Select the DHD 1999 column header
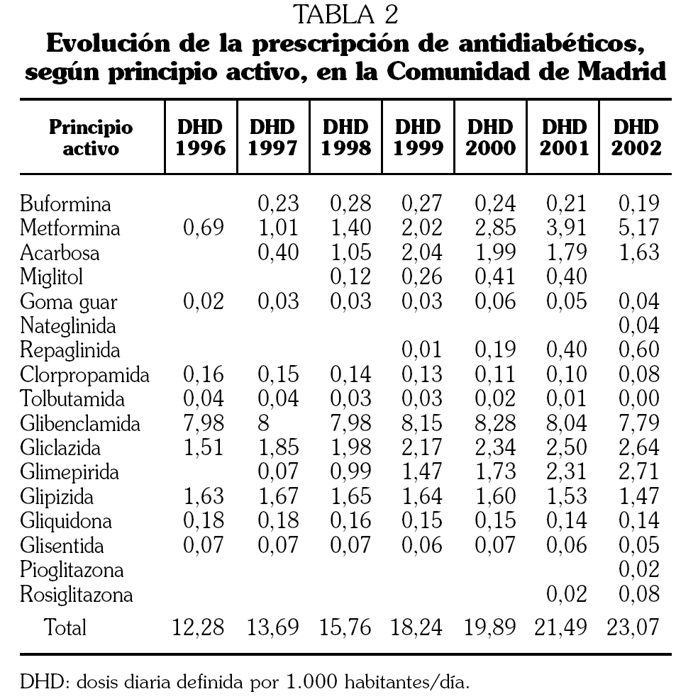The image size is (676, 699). point(419,138)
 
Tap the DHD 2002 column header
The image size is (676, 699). point(636,138)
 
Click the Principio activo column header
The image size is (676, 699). point(90,138)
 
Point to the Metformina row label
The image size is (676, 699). point(70,228)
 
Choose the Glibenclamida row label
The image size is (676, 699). point(80,424)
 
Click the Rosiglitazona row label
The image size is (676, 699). point(77,594)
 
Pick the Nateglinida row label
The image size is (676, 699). point(68,326)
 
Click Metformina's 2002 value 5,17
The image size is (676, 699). point(638,228)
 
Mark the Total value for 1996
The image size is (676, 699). point(199,627)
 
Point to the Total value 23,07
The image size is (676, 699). point(634,627)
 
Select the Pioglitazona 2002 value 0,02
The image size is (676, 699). point(638,570)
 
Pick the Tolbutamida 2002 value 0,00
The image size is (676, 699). point(638,399)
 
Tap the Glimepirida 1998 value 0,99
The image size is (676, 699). point(350,472)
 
